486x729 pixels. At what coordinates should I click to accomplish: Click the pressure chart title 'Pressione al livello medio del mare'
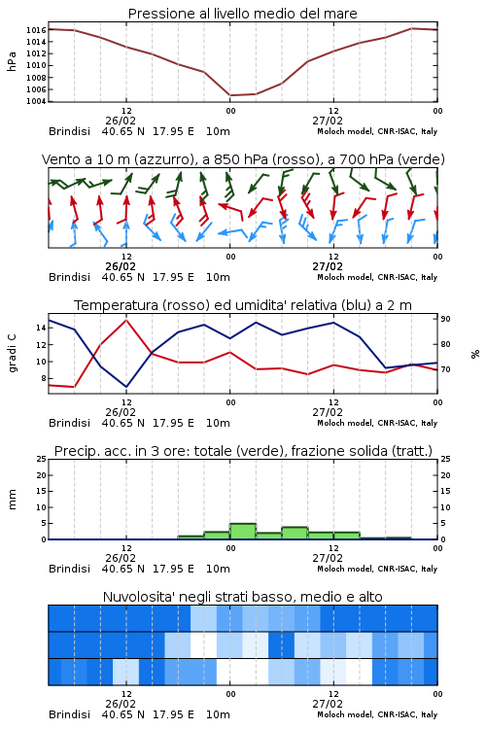click(x=242, y=14)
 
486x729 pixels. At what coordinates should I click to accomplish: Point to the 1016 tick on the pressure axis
click(x=36, y=30)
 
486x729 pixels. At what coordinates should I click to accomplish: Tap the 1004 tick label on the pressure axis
click(x=36, y=101)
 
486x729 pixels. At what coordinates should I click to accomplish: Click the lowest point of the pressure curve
click(x=230, y=95)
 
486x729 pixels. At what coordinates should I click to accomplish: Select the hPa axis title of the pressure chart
click(x=12, y=61)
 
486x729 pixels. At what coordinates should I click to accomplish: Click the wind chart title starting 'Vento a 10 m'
click(x=243, y=159)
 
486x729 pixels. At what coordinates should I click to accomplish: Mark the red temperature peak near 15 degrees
click(x=126, y=320)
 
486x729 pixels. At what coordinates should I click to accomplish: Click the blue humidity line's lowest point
click(x=126, y=387)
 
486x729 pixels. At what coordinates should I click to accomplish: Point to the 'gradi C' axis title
click(x=13, y=353)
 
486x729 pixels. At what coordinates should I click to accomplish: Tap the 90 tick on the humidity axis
click(x=445, y=319)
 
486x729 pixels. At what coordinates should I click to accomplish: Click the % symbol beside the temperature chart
click(x=475, y=354)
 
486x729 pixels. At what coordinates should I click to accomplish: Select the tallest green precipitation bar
click(x=243, y=532)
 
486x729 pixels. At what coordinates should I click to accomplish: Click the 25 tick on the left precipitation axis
click(x=42, y=459)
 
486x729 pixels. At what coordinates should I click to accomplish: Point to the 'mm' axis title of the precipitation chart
click(x=13, y=500)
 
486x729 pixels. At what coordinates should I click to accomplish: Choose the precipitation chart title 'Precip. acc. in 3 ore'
click(x=243, y=451)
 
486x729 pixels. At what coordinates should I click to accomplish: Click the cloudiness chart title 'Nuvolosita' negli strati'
click(x=242, y=597)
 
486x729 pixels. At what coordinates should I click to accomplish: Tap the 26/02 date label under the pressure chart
click(x=121, y=121)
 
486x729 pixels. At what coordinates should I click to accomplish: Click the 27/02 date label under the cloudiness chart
click(x=328, y=704)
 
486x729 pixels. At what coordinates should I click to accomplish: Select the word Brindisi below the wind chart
click(x=69, y=277)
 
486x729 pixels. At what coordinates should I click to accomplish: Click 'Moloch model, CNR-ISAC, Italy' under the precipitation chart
click(x=377, y=569)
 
